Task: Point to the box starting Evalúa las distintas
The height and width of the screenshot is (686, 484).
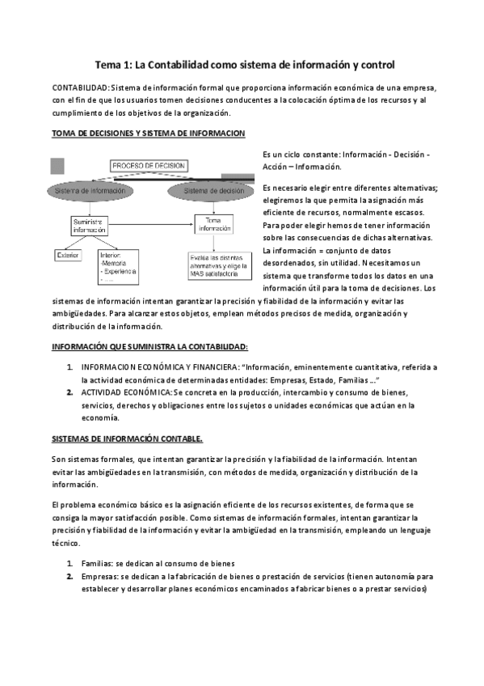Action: pyautogui.click(x=214, y=265)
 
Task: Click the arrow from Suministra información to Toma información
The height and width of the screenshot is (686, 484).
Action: pyautogui.click(x=153, y=225)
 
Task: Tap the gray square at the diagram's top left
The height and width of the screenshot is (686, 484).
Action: pyautogui.click(x=57, y=167)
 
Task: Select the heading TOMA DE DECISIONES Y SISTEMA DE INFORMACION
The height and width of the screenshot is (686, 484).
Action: pyautogui.click(x=148, y=133)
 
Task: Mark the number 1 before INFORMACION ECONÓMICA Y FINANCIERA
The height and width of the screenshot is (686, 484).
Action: pyautogui.click(x=70, y=366)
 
